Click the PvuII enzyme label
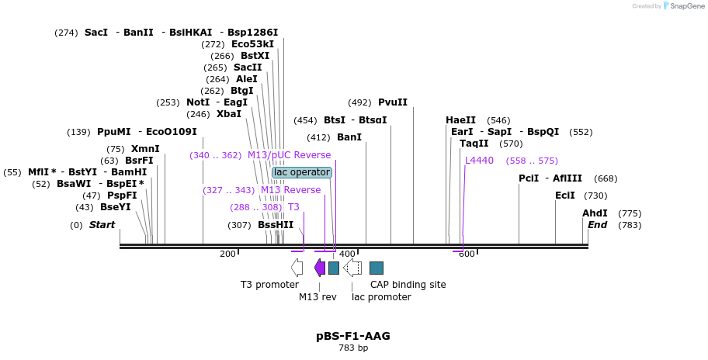[392, 102]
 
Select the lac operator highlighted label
[302, 172]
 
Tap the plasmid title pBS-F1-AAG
[352, 336]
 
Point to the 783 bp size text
[353, 348]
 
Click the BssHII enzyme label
[276, 225]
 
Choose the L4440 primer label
[479, 161]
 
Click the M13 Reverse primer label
[290, 190]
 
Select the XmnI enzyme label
[145, 149]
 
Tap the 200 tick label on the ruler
[227, 254]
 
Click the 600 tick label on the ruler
[466, 254]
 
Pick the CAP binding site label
[408, 285]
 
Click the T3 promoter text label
[269, 285]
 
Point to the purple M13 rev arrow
[319, 268]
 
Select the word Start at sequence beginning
[102, 225]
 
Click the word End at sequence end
[597, 225]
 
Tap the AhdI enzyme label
[595, 213]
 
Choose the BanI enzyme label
[349, 137]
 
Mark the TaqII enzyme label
[474, 144]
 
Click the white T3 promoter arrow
[297, 268]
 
